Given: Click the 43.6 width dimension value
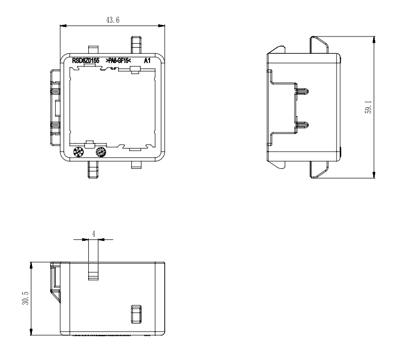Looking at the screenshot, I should pos(110,19).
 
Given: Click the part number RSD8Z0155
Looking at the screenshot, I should pos(86,61).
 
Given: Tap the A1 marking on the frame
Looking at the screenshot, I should pos(148,61).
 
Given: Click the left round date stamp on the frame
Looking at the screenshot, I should pos(79,152).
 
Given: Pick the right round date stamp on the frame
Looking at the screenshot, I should pos(101,152).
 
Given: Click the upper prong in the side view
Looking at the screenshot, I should pos(302,92).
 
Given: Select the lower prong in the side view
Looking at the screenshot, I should pos(302,123).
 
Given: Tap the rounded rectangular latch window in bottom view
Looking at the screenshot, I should pos(135,314).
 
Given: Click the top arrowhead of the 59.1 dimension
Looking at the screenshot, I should pos(374,40).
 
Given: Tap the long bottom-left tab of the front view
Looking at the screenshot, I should pos(93,169).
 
